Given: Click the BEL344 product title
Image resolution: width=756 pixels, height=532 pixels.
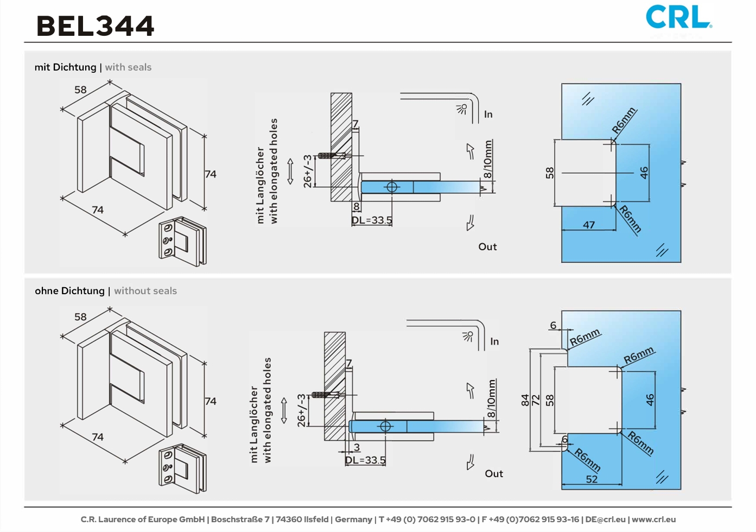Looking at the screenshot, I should (95, 26).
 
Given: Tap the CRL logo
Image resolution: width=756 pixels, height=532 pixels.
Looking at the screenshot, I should (678, 17).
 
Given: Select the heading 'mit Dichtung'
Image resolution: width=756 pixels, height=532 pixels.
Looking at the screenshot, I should (65, 67).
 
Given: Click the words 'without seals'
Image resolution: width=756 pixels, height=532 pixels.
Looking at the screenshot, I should (145, 291).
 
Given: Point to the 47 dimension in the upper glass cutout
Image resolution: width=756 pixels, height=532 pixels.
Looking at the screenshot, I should (589, 225).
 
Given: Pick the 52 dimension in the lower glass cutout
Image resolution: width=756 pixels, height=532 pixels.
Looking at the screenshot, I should (592, 479).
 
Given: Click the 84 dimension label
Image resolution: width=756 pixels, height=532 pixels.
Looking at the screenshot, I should (525, 400).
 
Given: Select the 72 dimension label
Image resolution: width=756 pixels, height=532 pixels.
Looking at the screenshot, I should (536, 400).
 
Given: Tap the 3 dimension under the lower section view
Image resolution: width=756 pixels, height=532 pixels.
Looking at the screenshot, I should (357, 447).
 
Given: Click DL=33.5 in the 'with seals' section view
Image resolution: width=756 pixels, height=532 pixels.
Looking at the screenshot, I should (372, 220).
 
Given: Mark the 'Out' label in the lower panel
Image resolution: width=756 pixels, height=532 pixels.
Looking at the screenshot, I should (494, 474).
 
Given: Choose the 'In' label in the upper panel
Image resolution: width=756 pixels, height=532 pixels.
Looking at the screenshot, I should (488, 115).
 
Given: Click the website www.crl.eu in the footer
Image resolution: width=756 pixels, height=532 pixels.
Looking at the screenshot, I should (653, 520).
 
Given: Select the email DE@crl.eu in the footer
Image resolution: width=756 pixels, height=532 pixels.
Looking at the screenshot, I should (605, 520).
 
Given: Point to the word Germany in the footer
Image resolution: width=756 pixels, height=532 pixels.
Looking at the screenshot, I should (353, 520).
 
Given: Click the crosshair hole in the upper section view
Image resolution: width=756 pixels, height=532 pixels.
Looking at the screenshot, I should (392, 187).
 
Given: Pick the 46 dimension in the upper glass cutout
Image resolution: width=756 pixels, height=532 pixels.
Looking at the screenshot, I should (644, 173).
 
